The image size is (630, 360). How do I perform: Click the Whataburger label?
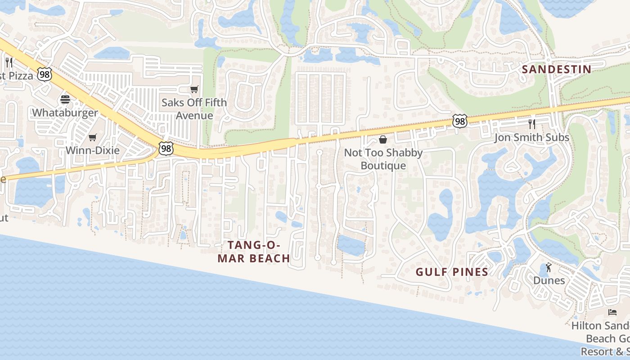tap(65, 112)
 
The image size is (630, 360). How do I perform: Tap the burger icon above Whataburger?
tap(65, 99)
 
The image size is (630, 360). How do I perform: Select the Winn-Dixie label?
tap(93, 150)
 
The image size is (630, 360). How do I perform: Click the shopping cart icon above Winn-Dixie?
tap(93, 137)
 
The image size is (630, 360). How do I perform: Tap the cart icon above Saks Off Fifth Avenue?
tap(194, 89)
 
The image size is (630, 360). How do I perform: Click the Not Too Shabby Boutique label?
tap(383, 159)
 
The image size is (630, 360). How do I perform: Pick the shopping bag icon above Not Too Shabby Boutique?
tap(383, 139)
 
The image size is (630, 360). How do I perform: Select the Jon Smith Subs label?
tap(532, 137)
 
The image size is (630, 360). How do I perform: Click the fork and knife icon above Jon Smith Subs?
tap(532, 124)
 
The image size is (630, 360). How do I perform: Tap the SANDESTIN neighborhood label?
tap(556, 69)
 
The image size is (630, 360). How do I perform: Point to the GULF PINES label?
tap(452, 272)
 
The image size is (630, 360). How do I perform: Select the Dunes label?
tap(549, 280)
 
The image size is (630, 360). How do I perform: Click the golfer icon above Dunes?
tap(549, 268)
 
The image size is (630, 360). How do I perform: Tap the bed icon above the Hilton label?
tap(612, 312)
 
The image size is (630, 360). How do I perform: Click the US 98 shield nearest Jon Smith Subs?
tap(460, 121)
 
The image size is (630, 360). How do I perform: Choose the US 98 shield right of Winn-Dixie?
tap(166, 148)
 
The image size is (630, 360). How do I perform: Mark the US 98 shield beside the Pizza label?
tap(45, 74)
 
